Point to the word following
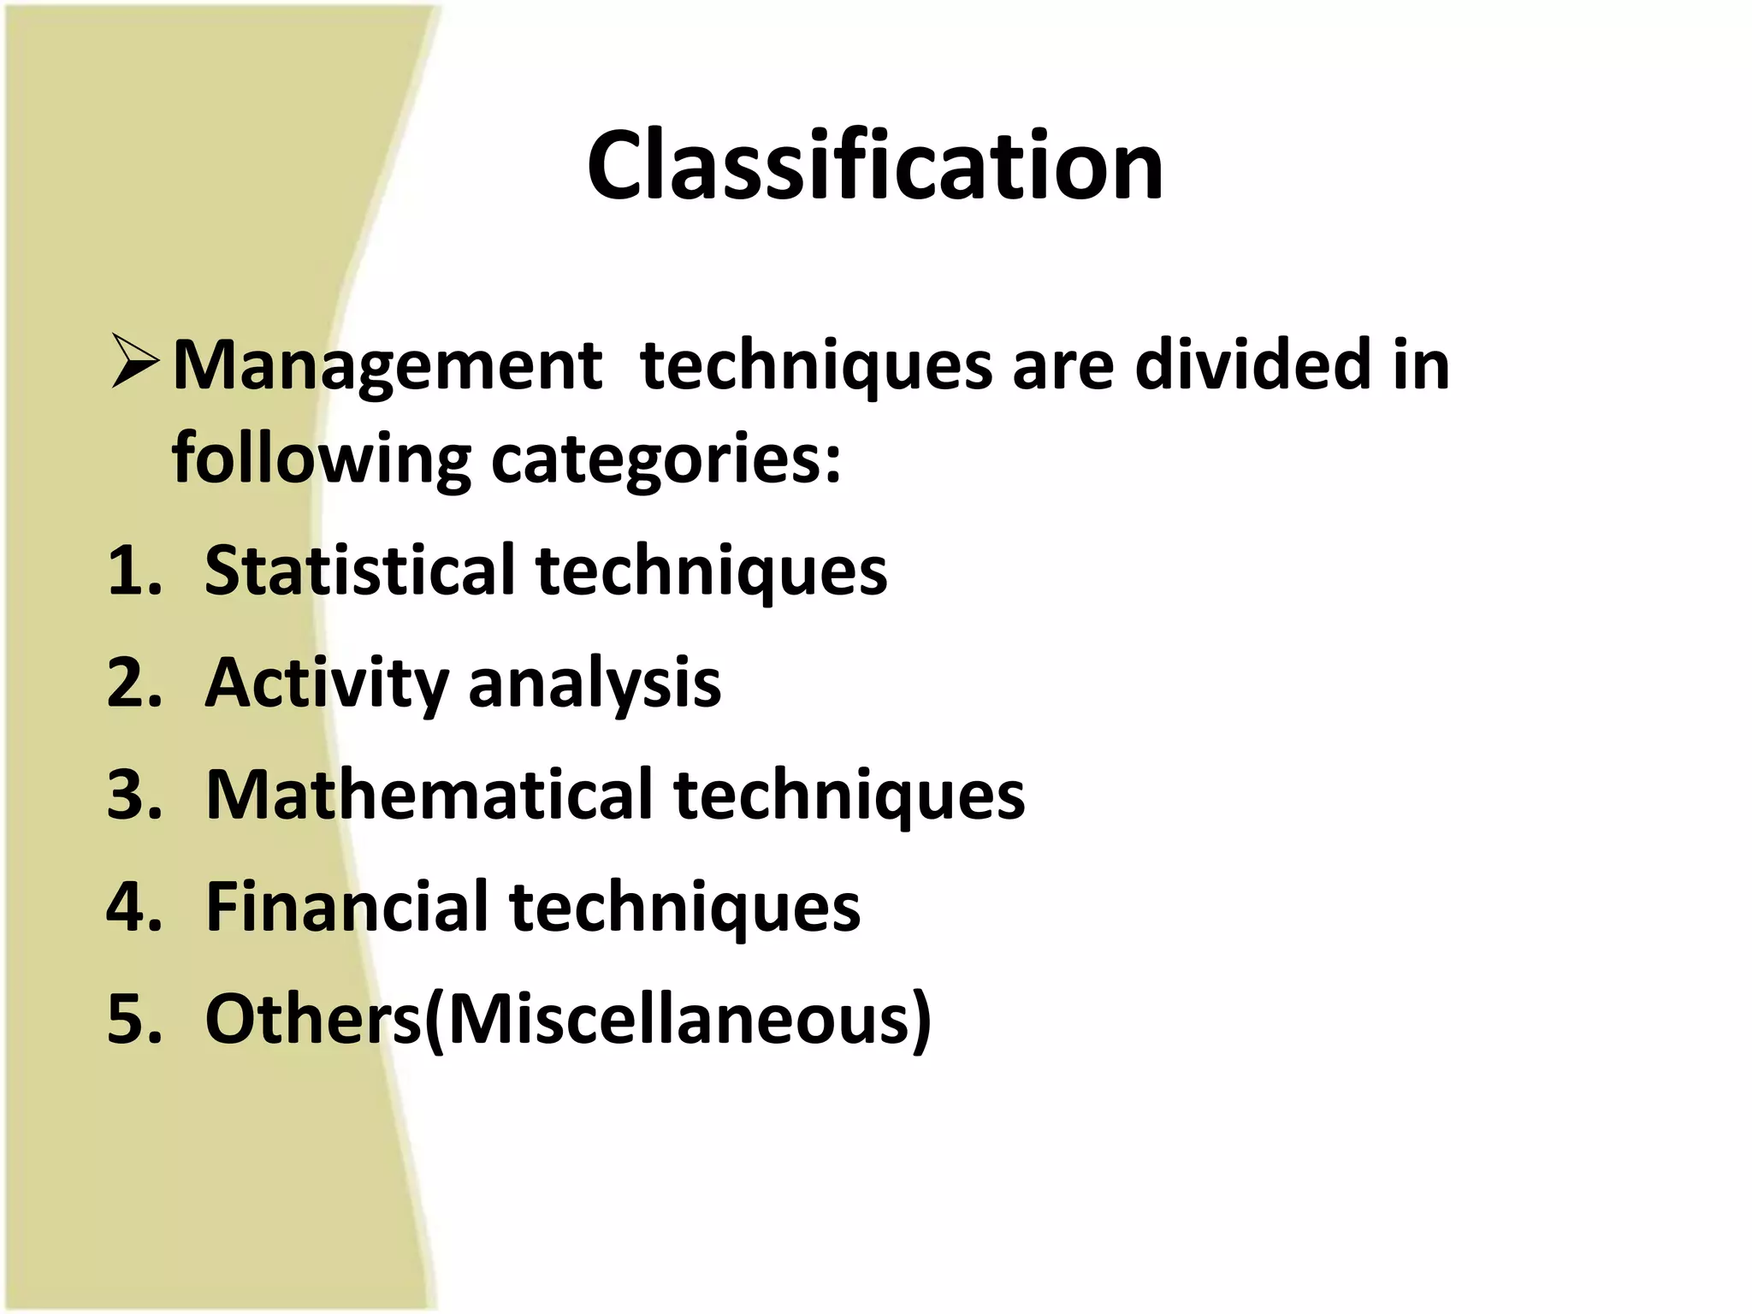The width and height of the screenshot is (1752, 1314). (321, 459)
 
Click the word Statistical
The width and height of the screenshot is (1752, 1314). (359, 571)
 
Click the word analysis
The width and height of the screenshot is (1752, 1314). (595, 684)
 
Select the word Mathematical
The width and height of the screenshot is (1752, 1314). (429, 795)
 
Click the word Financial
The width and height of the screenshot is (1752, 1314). (346, 907)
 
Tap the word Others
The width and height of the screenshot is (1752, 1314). (312, 1019)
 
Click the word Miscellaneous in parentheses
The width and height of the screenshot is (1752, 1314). (680, 1019)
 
